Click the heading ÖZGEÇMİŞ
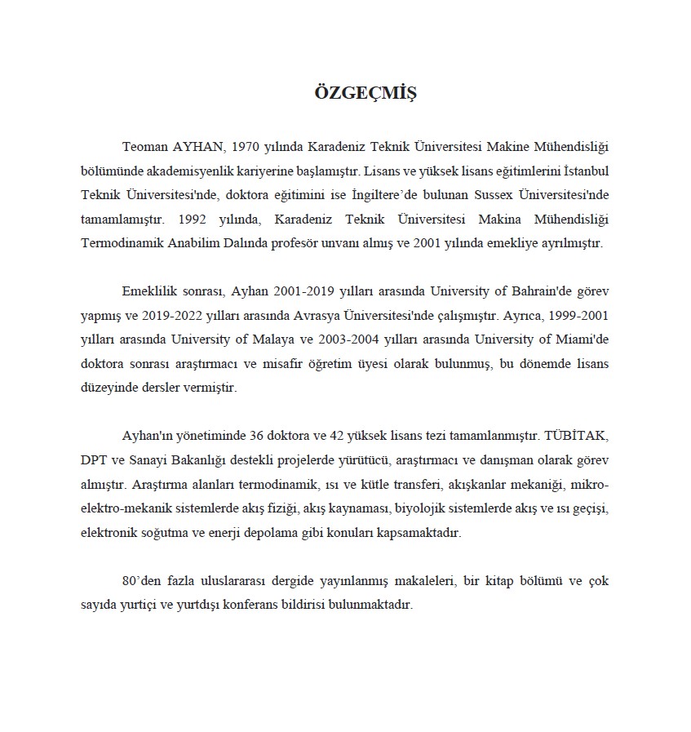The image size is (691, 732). point(365,92)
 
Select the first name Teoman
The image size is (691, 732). point(144,147)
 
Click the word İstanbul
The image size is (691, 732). point(581,171)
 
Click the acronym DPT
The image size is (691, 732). point(95,460)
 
